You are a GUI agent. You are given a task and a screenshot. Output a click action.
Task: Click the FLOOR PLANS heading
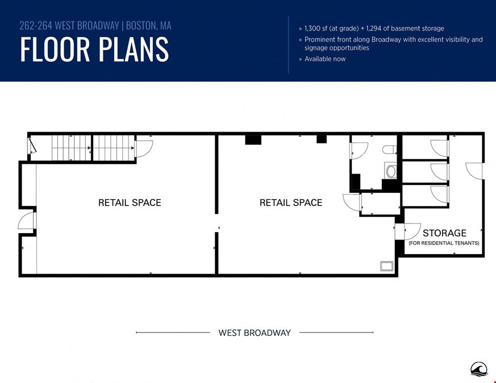[x=94, y=49]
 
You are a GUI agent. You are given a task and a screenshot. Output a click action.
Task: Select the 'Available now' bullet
[x=325, y=59]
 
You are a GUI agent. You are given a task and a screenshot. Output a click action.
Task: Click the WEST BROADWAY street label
[x=255, y=333]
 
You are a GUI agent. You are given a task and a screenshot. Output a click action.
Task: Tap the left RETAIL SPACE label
[x=130, y=203]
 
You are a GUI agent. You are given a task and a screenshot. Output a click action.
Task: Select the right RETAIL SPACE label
[x=291, y=203]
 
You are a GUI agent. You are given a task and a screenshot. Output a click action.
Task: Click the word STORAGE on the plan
[x=444, y=233]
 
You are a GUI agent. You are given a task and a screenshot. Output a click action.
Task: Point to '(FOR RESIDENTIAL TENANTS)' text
[x=444, y=243]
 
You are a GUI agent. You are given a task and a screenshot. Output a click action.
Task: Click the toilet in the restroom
[x=389, y=149]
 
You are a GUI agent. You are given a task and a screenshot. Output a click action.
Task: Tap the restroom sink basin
[x=391, y=171]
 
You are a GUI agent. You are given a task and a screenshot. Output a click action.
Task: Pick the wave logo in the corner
[x=478, y=369]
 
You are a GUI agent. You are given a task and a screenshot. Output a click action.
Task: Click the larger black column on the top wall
[x=253, y=140]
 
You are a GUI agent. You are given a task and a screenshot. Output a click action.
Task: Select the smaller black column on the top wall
[x=322, y=139]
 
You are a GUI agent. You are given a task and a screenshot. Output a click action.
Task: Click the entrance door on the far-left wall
[x=27, y=221]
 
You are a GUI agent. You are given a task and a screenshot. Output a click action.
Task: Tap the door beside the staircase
[x=144, y=149]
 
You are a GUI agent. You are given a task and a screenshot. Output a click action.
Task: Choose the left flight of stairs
[x=72, y=148]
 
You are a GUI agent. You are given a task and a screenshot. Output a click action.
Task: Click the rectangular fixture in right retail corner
[x=386, y=266]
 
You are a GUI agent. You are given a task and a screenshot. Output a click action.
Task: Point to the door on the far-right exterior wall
[x=474, y=171]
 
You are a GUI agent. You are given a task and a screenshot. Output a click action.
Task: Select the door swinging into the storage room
[x=412, y=232]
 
